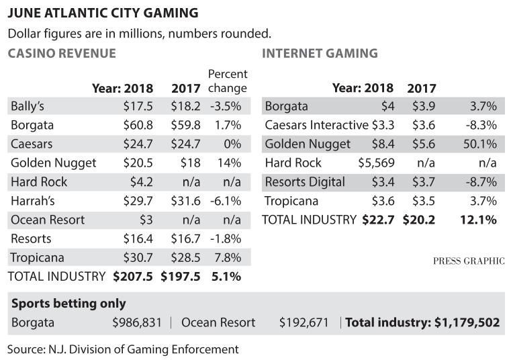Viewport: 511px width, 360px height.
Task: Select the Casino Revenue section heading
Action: [x=62, y=54]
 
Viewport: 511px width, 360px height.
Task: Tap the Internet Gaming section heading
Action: [x=320, y=54]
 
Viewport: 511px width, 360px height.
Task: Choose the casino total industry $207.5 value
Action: [x=133, y=276]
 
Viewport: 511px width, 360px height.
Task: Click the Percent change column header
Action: [x=228, y=81]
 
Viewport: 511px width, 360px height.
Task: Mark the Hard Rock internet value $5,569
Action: [x=375, y=163]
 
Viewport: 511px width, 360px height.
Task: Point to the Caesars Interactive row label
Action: [x=316, y=125]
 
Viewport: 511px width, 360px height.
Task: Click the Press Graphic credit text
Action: [x=468, y=261]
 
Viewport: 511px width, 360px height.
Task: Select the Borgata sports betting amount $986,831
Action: [x=137, y=322]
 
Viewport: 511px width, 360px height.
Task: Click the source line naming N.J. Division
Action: [x=123, y=349]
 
